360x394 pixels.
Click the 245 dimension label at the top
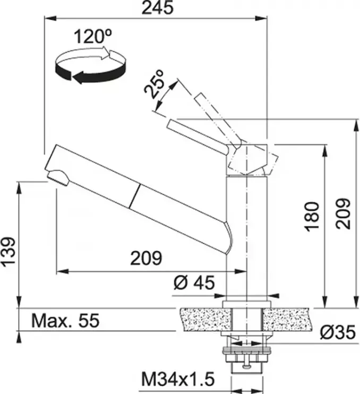coord(158,7)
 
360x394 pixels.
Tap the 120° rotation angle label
coord(93,37)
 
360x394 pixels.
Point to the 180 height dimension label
coord(312,216)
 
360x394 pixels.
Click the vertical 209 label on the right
coord(343,214)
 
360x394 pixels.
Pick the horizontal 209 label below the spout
coord(146,258)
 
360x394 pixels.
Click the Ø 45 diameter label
coord(194,282)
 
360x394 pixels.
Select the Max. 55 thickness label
coord(65,320)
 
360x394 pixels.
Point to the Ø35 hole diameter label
coord(338,332)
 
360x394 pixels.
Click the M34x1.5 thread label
coord(178,379)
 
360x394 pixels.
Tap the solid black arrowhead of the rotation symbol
coord(80,77)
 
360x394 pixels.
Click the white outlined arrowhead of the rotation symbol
coord(105,53)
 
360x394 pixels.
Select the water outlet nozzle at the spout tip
coord(58,177)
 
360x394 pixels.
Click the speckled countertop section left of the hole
coord(205,319)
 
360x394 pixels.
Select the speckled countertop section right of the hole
coord(287,319)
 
